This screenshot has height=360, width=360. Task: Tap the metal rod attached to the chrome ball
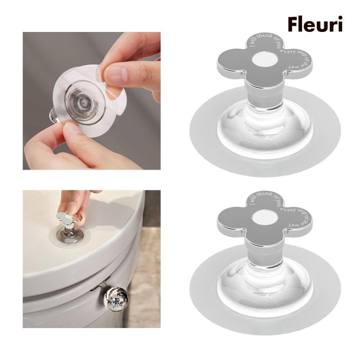103,288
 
